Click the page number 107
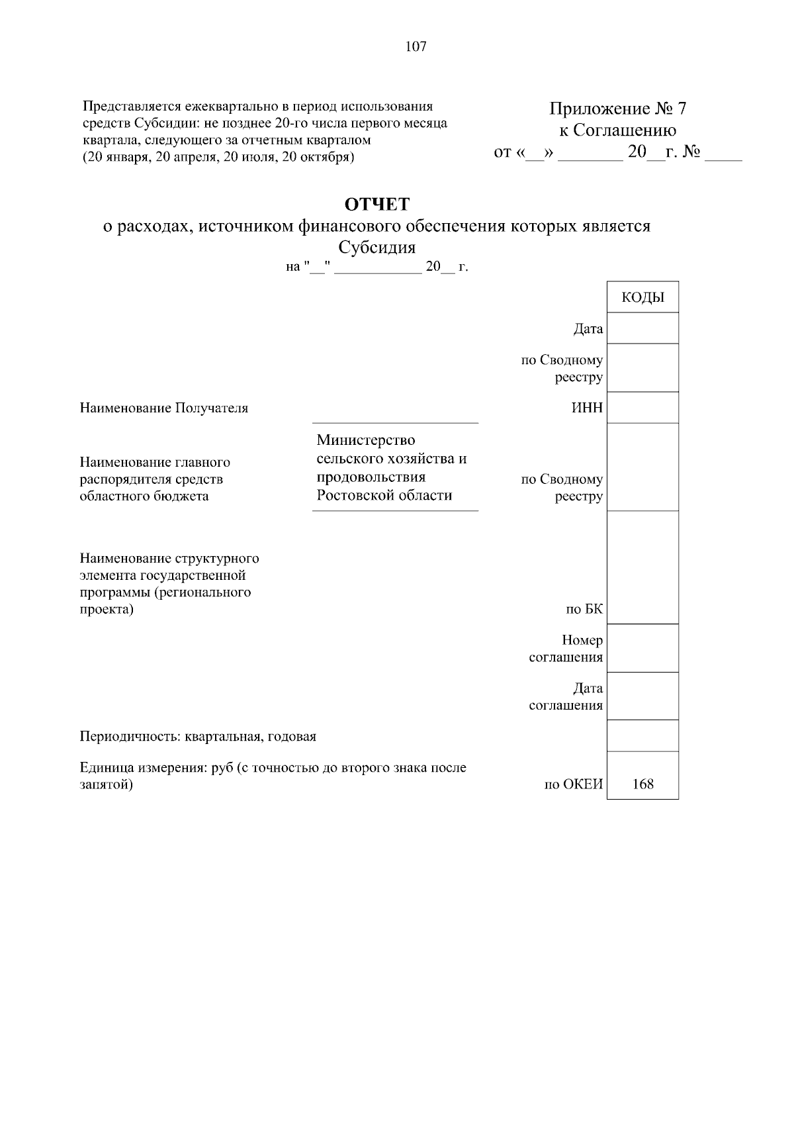(x=416, y=47)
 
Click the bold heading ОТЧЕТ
(x=377, y=204)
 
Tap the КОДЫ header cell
(x=642, y=297)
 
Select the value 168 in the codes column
(x=642, y=784)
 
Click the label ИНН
(x=587, y=407)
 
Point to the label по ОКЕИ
(x=573, y=784)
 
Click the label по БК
(x=584, y=609)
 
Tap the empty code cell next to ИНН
(x=642, y=407)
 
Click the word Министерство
(x=365, y=440)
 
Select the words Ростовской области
(x=384, y=495)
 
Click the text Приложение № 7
(x=617, y=109)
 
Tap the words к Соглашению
(x=617, y=130)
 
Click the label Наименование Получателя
(x=163, y=408)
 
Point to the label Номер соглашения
(x=566, y=649)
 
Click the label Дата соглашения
(x=566, y=696)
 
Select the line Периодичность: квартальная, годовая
(x=198, y=736)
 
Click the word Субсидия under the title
(x=377, y=248)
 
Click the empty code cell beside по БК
(x=642, y=567)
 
